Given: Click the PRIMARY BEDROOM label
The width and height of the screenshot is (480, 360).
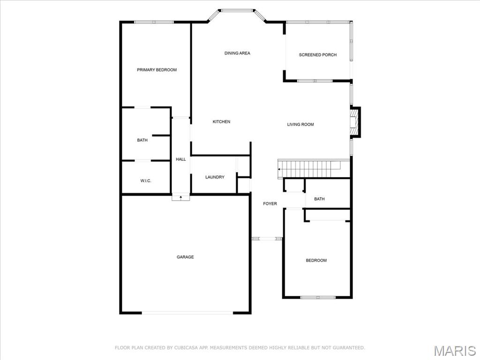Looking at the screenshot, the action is coord(157,70).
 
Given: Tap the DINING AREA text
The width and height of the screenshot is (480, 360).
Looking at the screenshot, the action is coord(237,53).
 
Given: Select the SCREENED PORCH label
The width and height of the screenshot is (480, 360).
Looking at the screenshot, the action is coord(318,55).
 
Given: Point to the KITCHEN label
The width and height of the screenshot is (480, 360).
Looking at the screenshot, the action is coord(221,121).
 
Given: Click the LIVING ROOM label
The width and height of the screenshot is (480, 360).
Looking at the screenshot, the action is coord(300,124).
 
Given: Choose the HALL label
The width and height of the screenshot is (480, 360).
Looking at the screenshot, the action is coord(180,159).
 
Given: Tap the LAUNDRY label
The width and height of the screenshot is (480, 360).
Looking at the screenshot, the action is coord(215,177).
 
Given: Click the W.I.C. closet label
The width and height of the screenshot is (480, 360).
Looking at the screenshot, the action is coord(146,180).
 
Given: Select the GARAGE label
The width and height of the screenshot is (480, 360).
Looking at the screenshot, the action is coord(185,257).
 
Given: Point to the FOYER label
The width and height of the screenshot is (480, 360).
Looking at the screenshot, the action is coord(270,203).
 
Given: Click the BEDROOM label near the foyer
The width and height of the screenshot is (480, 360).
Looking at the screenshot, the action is coord(316,260).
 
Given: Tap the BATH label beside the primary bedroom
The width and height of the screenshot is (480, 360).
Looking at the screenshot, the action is coord(142,140).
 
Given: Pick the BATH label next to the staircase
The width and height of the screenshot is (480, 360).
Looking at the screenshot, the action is coord(319,199).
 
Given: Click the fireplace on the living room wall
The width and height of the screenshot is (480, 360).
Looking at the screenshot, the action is coord(355,122).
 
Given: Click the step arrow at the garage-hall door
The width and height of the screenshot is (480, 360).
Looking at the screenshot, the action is coord(180,197).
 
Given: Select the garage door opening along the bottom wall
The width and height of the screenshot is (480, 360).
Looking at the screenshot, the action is coord(187,313).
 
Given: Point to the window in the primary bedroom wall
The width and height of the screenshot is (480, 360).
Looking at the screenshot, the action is coord(154,22).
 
